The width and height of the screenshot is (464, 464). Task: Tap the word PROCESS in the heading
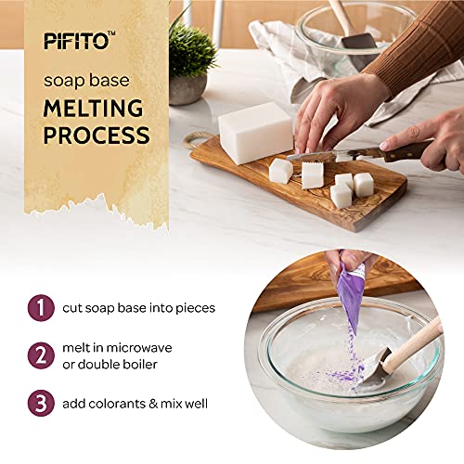[x=97, y=135]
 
